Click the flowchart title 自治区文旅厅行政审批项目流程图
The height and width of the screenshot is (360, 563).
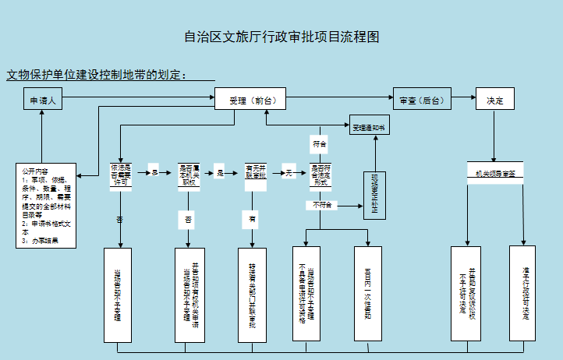281,37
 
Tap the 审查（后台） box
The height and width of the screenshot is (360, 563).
421,101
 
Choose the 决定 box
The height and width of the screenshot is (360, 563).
494,101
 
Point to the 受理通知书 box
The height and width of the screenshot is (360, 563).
369,126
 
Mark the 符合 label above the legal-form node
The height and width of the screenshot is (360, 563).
320,145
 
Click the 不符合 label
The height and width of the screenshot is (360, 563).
322,205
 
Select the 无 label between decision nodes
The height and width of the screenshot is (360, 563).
288,172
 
